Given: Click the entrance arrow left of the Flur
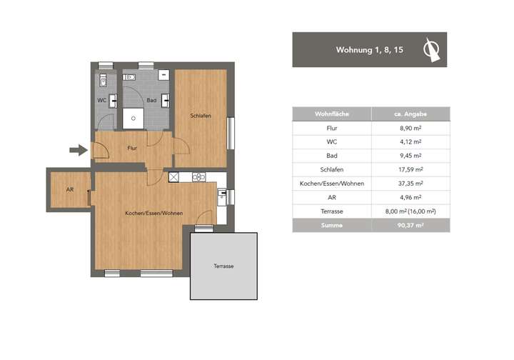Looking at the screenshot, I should click(x=77, y=150).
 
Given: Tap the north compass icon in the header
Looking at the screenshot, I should click(x=430, y=49).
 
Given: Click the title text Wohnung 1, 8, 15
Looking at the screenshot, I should click(x=370, y=50).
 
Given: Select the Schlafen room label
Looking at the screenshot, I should click(x=200, y=116).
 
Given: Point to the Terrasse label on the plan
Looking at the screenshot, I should click(x=223, y=266).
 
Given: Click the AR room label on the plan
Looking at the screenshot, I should click(x=69, y=190).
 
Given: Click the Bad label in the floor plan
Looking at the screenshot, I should click(x=151, y=101).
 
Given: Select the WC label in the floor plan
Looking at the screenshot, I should click(x=102, y=101).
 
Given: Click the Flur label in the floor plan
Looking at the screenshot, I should click(x=132, y=149).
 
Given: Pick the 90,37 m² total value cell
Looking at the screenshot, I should click(x=410, y=225).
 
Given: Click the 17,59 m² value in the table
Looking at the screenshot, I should click(x=410, y=169).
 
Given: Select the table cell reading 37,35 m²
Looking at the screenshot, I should click(x=410, y=183).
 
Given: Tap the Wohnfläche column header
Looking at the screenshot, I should click(x=331, y=114).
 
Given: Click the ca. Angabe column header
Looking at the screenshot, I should click(x=410, y=114).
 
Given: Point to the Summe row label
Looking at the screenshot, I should click(x=331, y=225).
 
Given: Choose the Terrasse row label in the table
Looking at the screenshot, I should click(x=331, y=211).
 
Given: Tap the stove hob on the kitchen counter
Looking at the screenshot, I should click(x=198, y=177).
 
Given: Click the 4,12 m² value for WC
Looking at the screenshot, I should click(x=410, y=141).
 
